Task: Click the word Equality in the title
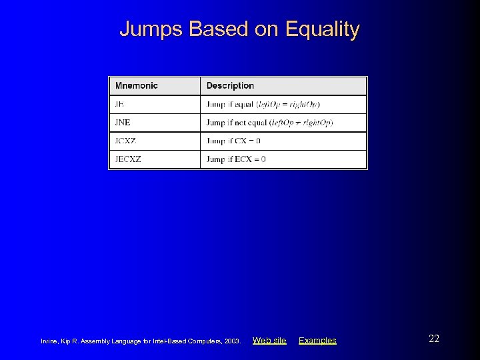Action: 322,29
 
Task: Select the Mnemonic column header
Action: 136,86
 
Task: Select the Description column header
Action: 230,86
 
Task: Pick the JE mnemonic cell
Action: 120,105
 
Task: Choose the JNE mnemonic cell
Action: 123,123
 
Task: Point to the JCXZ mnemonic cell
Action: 126,141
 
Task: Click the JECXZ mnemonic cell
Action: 128,159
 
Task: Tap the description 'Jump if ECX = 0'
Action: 236,159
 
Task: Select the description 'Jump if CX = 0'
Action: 233,141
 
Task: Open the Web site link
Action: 269,341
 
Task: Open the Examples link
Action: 317,341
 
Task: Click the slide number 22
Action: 434,339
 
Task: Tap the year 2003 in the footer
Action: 232,341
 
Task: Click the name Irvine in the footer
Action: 51,341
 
